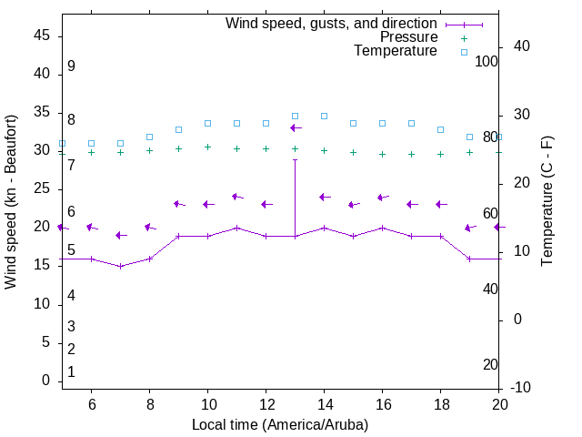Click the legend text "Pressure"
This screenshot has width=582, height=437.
coord(408,37)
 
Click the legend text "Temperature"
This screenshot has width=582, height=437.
coord(396,51)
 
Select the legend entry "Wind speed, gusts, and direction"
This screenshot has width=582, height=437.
coord(332,24)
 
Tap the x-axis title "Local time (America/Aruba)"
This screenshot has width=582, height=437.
coord(280,424)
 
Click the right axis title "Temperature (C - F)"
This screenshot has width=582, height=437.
coord(547,202)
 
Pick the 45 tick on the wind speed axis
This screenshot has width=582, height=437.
coord(42,36)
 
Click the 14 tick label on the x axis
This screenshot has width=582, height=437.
coord(324,404)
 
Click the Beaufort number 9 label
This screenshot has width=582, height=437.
coord(71,66)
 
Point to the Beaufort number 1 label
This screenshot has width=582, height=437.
coord(71,371)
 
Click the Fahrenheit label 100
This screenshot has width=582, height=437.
coord(487,61)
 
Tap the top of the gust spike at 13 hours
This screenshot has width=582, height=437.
coord(295,160)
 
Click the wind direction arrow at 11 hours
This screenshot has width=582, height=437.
coord(237,197)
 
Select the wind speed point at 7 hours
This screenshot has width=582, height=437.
coord(120,266)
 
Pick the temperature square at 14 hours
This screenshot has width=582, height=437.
coord(324,117)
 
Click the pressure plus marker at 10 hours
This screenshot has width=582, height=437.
coord(207,147)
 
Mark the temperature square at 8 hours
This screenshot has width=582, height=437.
coord(149,137)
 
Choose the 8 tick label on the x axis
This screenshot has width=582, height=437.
coord(149,404)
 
